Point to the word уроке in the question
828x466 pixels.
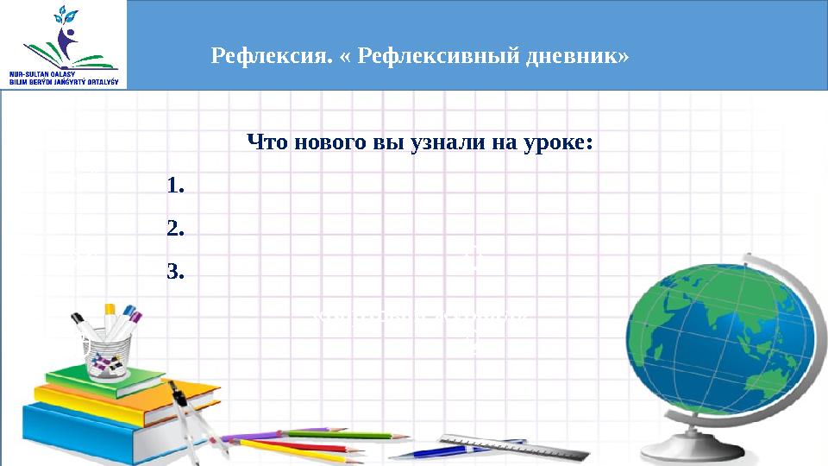click(560, 142)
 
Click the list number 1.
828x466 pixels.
click(176, 186)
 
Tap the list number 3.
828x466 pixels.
click(176, 274)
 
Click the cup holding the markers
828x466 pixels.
click(109, 355)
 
